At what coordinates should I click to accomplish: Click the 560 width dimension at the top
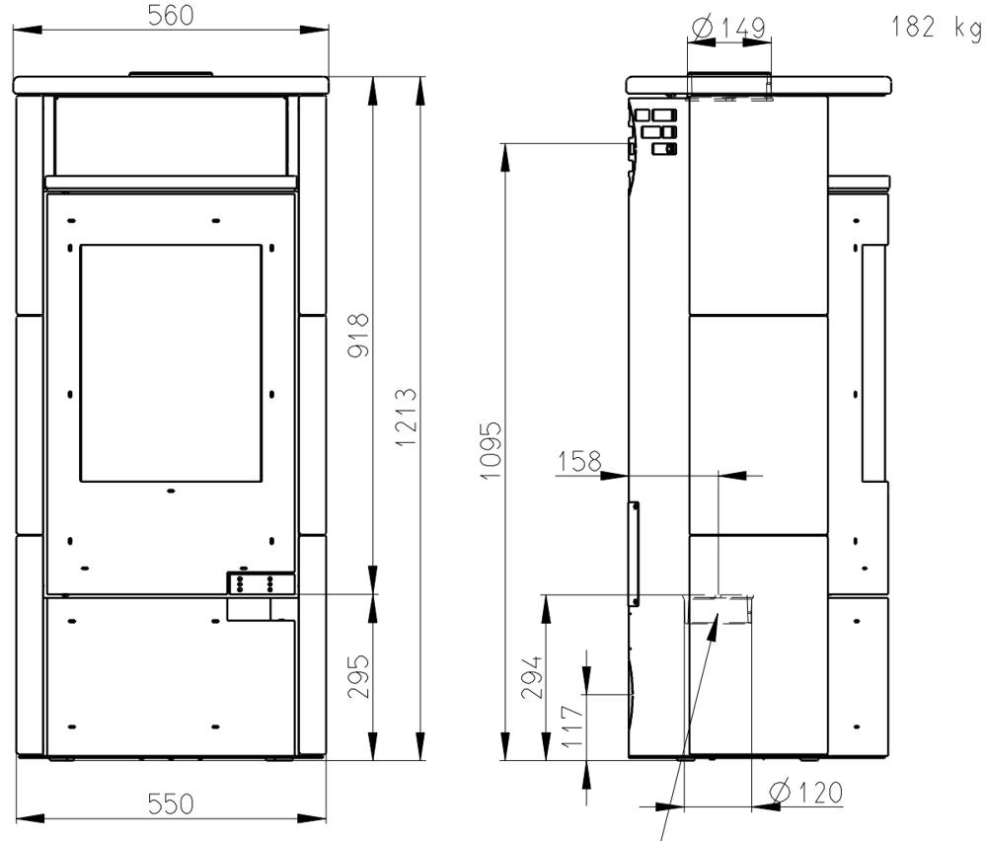point(171,16)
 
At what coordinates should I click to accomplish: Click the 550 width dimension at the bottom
point(171,803)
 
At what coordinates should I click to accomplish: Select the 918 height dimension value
point(358,336)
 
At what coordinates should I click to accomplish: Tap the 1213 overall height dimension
point(407,417)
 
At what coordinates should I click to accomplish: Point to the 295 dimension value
point(358,676)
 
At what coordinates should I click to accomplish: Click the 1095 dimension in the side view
point(492,450)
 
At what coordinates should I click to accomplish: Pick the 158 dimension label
point(579,461)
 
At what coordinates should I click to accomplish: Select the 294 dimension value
point(531,677)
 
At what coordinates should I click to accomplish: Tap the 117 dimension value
point(572,726)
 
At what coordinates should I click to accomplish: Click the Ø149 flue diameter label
point(728,28)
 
